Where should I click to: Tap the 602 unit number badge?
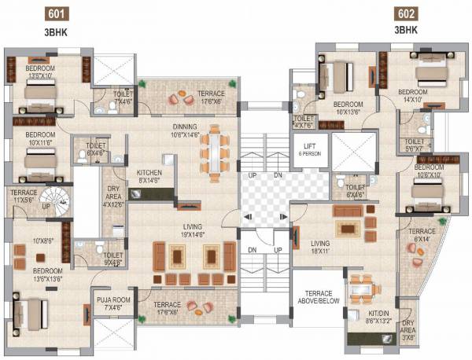point(407,14)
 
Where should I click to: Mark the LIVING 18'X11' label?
point(319,248)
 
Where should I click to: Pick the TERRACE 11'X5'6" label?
point(23,197)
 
